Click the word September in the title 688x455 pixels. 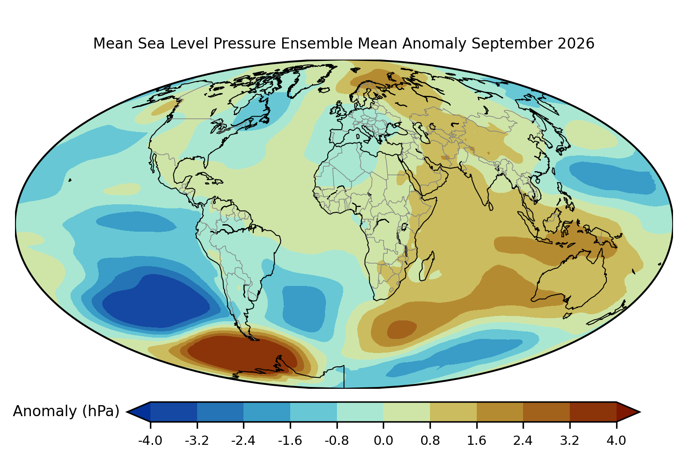pyautogui.click(x=512, y=44)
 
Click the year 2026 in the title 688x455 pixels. pyautogui.click(x=576, y=43)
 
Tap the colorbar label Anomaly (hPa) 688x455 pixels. pyautogui.click(x=66, y=411)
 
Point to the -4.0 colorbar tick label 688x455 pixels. pyautogui.click(x=150, y=441)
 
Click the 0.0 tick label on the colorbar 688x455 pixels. pyautogui.click(x=383, y=441)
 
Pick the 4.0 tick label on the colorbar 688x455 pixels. pyautogui.click(x=616, y=441)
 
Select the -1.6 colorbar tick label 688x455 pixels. pyautogui.click(x=290, y=441)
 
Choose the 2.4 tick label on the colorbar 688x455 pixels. pyautogui.click(x=523, y=441)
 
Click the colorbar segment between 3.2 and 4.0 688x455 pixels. pyautogui.click(x=593, y=412)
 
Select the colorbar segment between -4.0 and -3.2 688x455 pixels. pyautogui.click(x=174, y=412)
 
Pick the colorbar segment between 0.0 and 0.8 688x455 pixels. pyautogui.click(x=407, y=412)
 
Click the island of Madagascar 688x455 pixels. pyautogui.click(x=426, y=267)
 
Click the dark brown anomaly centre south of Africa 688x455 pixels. pyautogui.click(x=402, y=329)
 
